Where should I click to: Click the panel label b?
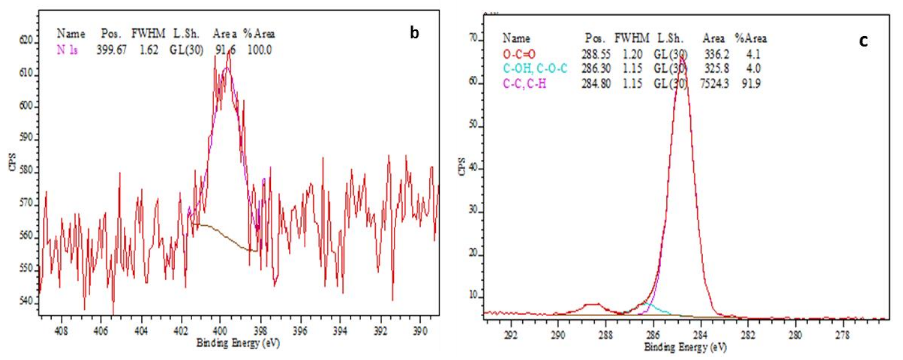[414, 33]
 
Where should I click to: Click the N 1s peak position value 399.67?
[112, 50]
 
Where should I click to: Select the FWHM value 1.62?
[149, 50]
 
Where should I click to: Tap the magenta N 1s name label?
[67, 50]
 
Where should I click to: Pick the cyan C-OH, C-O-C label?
[535, 68]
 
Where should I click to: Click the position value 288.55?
[596, 54]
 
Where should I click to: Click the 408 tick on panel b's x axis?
[61, 331]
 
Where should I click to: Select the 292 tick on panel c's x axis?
[511, 336]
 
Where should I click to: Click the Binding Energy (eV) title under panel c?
[686, 347]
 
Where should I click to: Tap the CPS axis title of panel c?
[462, 167]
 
